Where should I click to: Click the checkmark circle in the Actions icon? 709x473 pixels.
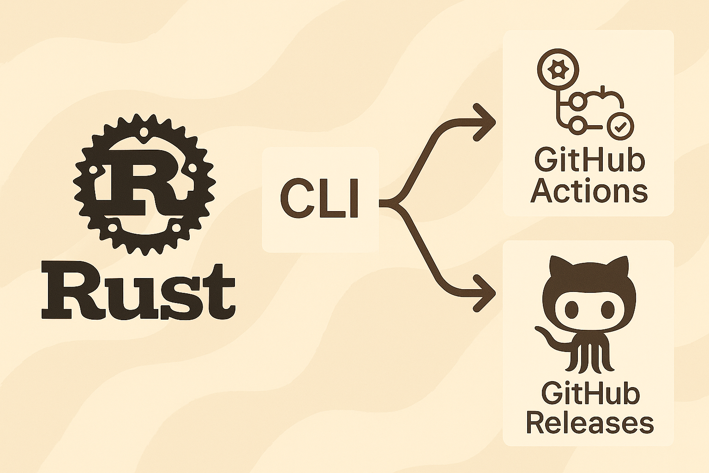621,127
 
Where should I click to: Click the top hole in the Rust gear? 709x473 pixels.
144,131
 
